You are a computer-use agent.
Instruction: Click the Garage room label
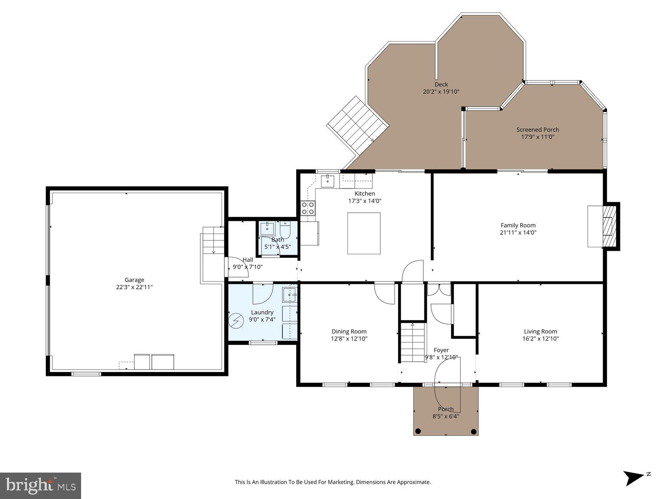[x=134, y=280]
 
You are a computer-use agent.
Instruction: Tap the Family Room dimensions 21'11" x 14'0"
[x=518, y=233]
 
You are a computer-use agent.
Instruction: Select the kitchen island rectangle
[x=364, y=233]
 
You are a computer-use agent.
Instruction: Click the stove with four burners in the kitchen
[x=308, y=208]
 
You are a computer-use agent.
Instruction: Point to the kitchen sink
[x=327, y=181]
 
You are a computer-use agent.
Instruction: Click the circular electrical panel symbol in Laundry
[x=237, y=320]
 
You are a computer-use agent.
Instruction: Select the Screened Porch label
[x=537, y=130]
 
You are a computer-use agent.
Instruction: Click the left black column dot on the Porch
[x=418, y=431]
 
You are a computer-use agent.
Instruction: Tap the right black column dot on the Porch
[x=473, y=431]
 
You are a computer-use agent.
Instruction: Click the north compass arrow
[x=634, y=478]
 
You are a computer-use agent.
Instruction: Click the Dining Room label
[x=349, y=331]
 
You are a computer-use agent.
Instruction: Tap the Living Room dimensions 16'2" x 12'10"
[x=540, y=339]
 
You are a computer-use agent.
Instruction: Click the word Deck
[x=441, y=84]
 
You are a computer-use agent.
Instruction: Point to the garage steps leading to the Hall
[x=212, y=241]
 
